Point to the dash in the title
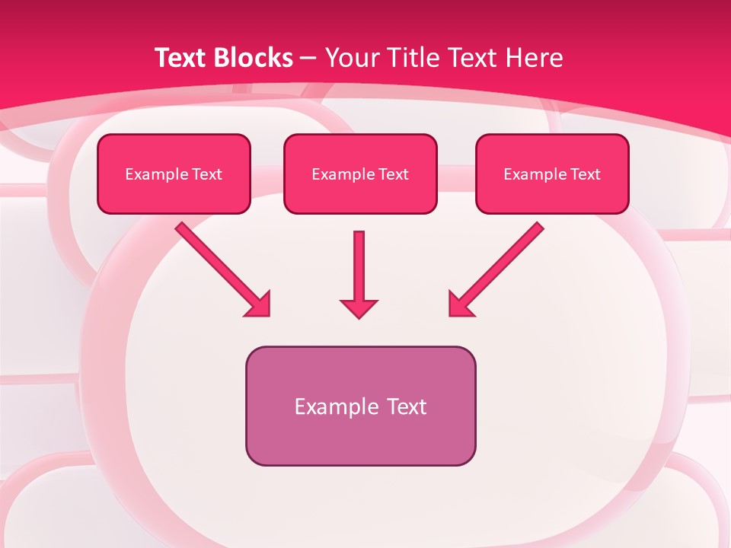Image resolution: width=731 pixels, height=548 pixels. [x=308, y=58]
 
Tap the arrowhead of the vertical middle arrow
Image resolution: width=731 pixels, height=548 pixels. [x=359, y=307]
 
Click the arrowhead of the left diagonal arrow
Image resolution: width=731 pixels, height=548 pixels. [x=259, y=304]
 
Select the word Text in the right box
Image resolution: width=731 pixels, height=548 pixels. [x=586, y=174]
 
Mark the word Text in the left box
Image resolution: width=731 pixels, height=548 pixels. [x=207, y=174]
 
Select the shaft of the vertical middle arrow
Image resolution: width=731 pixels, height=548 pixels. [x=359, y=263]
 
